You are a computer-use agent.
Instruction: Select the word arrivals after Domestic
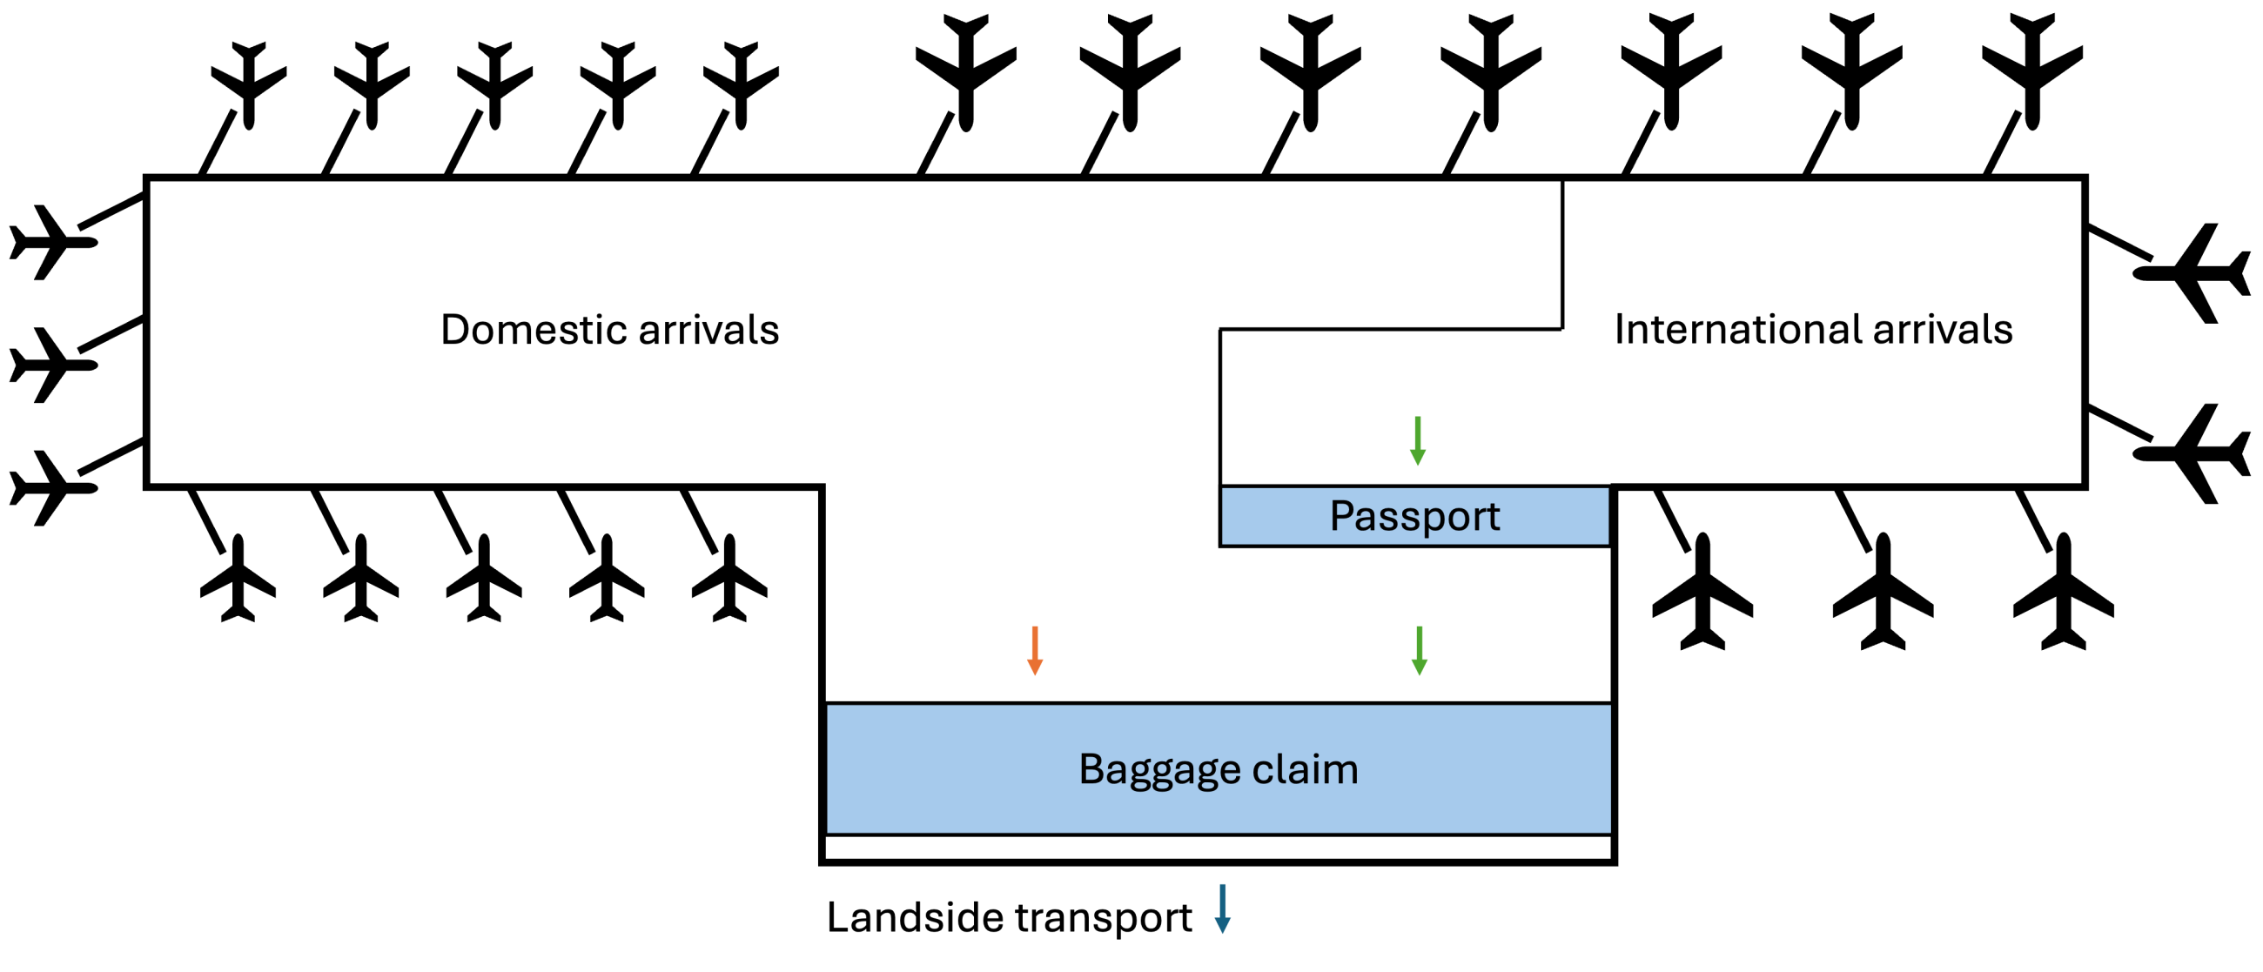coord(708,330)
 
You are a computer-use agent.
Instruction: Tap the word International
coord(1736,330)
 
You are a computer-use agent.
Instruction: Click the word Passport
coord(1414,516)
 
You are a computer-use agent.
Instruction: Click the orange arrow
coord(1035,651)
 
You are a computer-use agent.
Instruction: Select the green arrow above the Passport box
coord(1417,441)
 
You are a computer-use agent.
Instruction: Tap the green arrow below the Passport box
coord(1419,651)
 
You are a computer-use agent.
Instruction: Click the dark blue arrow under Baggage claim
coord(1222,908)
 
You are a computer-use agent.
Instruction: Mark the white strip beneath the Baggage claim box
coord(1218,848)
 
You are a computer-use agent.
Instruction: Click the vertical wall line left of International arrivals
coord(1562,255)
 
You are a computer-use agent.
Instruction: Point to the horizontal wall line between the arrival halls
coord(1391,329)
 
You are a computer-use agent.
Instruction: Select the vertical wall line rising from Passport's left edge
coord(1220,406)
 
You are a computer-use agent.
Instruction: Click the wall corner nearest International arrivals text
coord(1562,329)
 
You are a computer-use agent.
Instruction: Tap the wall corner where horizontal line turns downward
coord(1220,330)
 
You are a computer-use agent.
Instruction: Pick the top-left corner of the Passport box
coord(1221,486)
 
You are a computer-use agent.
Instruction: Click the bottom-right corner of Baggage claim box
coord(1609,834)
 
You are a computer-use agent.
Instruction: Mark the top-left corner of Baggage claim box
coord(827,703)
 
